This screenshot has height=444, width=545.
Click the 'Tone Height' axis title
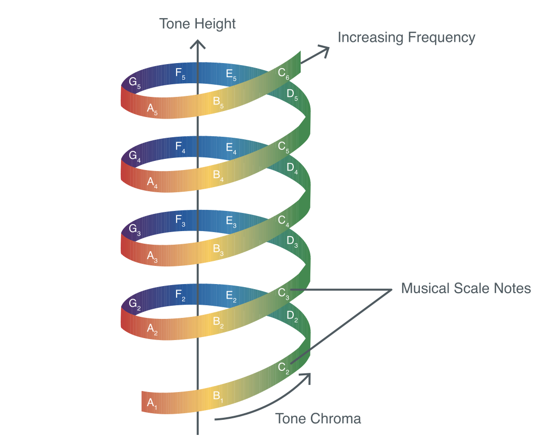197,24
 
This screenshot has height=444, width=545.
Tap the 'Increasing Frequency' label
406,37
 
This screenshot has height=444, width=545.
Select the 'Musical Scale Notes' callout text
466,288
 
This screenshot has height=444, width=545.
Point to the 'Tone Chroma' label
318,418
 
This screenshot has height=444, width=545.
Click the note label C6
284,74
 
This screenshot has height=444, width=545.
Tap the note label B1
218,396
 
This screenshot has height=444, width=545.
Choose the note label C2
284,368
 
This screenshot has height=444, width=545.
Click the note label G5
134,82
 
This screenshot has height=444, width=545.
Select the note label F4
181,147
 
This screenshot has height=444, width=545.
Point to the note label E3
231,221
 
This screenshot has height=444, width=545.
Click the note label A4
152,183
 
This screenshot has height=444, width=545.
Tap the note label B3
218,249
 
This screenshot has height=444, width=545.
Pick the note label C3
284,294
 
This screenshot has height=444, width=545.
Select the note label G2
134,304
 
